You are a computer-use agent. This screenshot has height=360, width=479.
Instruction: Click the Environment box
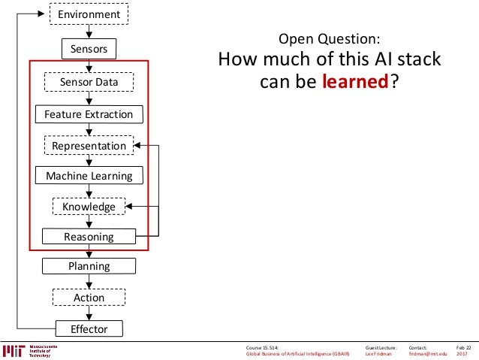coord(89,14)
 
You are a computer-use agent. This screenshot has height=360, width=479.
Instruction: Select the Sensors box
coord(89,50)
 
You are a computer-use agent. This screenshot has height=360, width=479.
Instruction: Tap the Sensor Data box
coord(89,81)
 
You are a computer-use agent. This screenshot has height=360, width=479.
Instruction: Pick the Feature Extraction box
coord(89,114)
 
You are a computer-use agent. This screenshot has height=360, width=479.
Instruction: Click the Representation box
coord(89,145)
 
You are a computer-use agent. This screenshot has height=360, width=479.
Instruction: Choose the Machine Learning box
coord(89,176)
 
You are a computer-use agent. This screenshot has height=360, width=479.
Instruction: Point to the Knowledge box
coord(89,207)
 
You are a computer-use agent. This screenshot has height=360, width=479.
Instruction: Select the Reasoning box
coord(89,237)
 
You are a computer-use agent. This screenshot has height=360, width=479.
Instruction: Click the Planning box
coord(89,266)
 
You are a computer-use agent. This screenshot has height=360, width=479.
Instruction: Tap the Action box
coord(89,298)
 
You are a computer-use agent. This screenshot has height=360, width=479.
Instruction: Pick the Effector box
coord(89,329)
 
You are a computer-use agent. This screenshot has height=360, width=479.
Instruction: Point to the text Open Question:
coord(329,39)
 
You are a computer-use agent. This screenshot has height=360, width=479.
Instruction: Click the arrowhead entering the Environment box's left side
coord(44,14)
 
